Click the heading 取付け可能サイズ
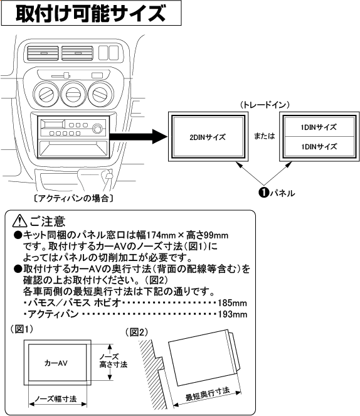click(x=91, y=13)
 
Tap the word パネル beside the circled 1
click(x=278, y=192)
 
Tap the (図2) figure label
click(x=139, y=331)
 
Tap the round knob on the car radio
click(x=97, y=130)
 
